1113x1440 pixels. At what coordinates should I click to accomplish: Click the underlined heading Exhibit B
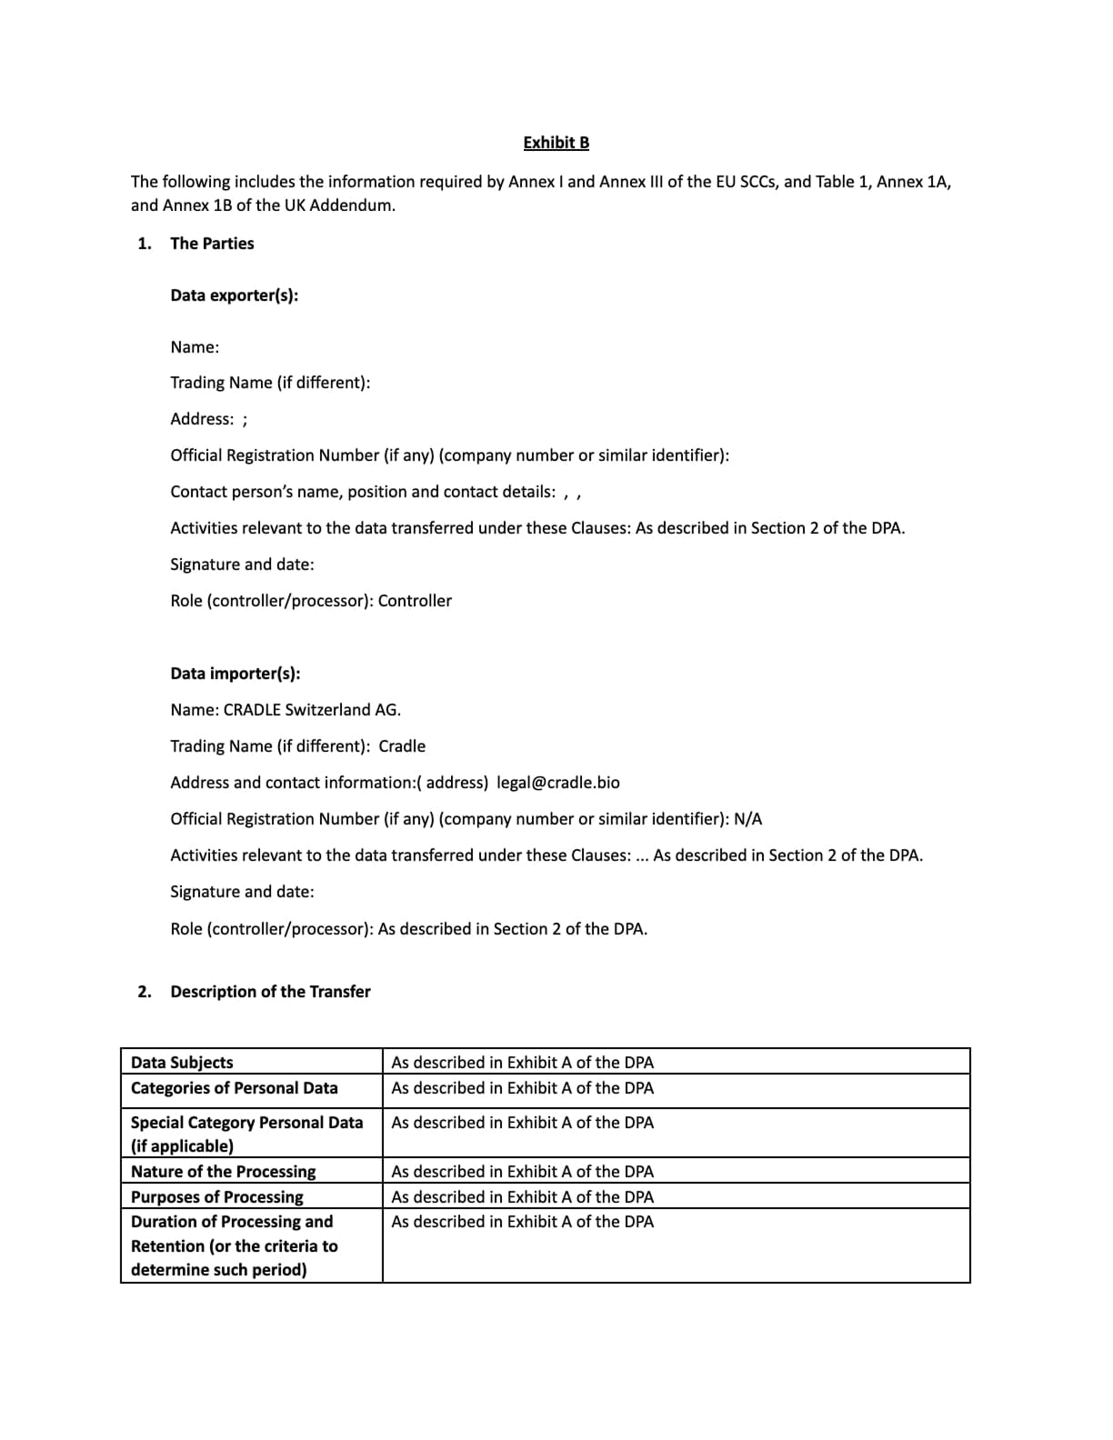[556, 143]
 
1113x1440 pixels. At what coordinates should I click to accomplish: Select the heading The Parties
[212, 244]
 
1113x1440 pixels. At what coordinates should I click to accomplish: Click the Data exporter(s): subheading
[234, 295]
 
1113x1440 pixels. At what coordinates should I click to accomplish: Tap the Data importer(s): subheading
[235, 674]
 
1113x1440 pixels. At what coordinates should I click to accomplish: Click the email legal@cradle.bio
[558, 783]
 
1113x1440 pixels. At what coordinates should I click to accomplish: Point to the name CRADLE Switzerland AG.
[312, 710]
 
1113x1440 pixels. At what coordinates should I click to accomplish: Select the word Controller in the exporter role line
[415, 601]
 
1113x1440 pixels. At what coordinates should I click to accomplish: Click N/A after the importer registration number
[747, 819]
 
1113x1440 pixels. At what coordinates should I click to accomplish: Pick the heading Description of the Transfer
[270, 992]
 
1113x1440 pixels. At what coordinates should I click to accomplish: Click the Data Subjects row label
[182, 1063]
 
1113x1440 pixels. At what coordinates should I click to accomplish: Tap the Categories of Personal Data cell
[234, 1088]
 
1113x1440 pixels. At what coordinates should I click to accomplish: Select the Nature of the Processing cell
[223, 1172]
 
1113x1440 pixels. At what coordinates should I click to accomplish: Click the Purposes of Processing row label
[216, 1197]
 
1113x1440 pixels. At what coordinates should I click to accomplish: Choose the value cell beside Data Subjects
[522, 1063]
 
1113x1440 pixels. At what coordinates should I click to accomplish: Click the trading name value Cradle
[402, 746]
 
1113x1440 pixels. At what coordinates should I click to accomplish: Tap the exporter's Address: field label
[202, 419]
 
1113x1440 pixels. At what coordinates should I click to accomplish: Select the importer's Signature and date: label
[242, 892]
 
